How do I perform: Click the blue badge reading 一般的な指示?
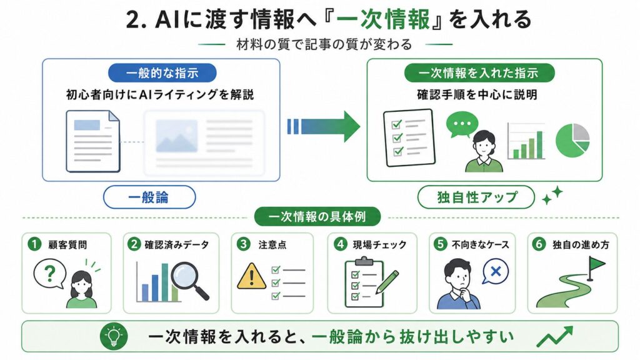(162, 73)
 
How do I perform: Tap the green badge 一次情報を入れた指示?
(479, 73)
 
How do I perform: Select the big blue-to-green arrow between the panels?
(323, 126)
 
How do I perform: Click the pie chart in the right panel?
(572, 141)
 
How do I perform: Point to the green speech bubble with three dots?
(462, 124)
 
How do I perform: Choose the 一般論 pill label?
(149, 197)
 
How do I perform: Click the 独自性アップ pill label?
(476, 197)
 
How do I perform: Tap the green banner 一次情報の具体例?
(317, 216)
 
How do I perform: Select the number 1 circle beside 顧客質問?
(35, 244)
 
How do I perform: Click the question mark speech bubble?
(50, 274)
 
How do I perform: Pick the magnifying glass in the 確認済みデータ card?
(189, 280)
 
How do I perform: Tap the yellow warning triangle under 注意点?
(252, 276)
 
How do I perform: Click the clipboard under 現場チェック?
(364, 282)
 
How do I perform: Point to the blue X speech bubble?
(496, 271)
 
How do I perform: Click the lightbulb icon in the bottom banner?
(114, 336)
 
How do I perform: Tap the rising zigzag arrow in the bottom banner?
(555, 336)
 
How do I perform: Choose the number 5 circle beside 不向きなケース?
(441, 244)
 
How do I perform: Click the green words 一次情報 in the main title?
(383, 19)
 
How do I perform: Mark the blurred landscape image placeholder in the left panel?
(177, 136)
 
